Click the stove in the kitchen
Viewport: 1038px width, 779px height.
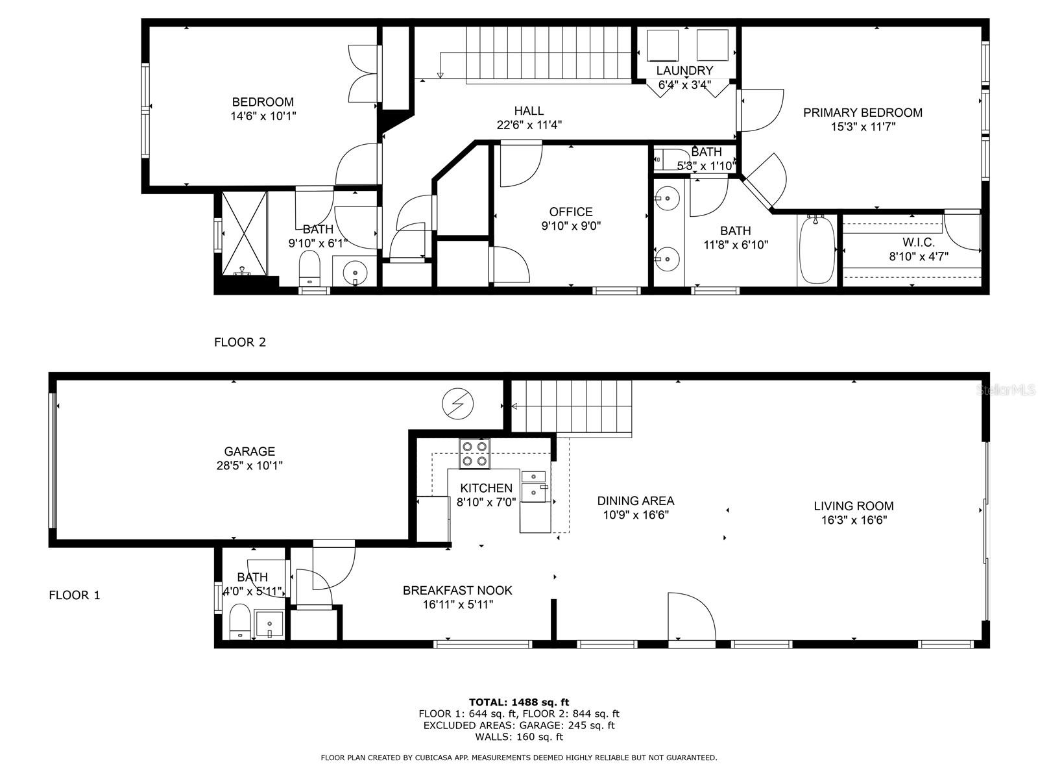pyautogui.click(x=474, y=453)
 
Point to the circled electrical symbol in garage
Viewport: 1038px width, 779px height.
pyautogui.click(x=458, y=404)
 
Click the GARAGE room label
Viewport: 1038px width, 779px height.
pyautogui.click(x=250, y=451)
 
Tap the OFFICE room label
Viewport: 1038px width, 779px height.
pyautogui.click(x=571, y=212)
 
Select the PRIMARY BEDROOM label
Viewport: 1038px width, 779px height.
pyautogui.click(x=862, y=112)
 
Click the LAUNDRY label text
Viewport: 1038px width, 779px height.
pyautogui.click(x=684, y=71)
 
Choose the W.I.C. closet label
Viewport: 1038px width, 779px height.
pyautogui.click(x=918, y=242)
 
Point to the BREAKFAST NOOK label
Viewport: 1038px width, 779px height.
pyautogui.click(x=457, y=590)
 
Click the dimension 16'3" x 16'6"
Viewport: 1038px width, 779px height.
pyautogui.click(x=853, y=520)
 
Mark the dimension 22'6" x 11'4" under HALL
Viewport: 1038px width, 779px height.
pyautogui.click(x=529, y=125)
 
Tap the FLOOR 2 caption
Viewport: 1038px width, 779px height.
pyautogui.click(x=240, y=342)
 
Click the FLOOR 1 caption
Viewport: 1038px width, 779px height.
pyautogui.click(x=75, y=595)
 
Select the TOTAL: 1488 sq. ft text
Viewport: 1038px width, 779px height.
pyautogui.click(x=519, y=702)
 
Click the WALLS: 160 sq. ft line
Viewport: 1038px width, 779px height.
pyautogui.click(x=519, y=737)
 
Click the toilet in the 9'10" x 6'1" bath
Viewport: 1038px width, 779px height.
pyautogui.click(x=310, y=267)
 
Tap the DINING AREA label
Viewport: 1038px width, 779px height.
pyautogui.click(x=635, y=501)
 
